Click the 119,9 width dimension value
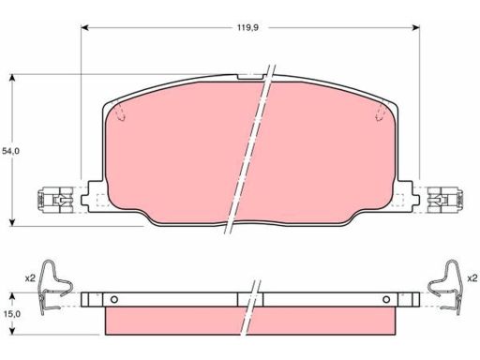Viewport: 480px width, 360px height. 247,27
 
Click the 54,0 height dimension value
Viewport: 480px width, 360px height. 10,151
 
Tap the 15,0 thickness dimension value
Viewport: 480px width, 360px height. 12,314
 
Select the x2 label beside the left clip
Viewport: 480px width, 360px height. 30,277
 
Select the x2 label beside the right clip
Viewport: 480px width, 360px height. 472,277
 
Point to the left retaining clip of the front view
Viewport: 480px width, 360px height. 55,200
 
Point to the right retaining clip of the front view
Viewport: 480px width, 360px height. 445,200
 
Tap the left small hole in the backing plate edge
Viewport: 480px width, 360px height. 114,299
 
